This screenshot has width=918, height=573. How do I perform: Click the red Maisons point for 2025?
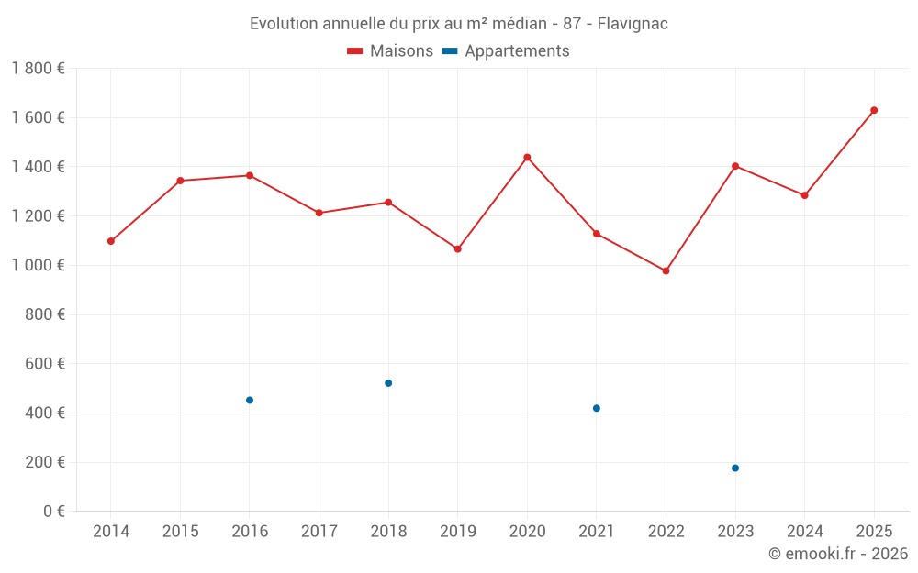pos(874,110)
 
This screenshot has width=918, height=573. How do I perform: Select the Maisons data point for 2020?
pos(527,157)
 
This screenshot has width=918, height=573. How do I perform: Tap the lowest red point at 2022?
pos(666,270)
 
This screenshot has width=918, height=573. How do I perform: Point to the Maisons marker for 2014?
pos(111,241)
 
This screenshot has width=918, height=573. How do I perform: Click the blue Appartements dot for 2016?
pos(250,400)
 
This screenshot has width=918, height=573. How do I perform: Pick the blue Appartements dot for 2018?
pos(388,383)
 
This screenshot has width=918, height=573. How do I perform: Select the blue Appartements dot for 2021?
pos(597,408)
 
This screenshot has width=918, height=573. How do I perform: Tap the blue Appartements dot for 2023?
pos(735,468)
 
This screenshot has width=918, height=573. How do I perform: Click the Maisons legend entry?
pos(390,51)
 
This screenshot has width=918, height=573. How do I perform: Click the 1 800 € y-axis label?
pos(39,69)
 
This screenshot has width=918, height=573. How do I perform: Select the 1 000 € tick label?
pos(39,265)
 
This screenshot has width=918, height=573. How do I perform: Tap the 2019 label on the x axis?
pos(458,532)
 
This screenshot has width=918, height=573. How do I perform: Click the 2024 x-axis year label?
pos(805,532)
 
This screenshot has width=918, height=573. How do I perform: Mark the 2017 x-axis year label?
pos(319,532)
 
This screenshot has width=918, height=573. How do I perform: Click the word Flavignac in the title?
pos(633,23)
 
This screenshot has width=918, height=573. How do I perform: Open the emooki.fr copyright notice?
pos(837,554)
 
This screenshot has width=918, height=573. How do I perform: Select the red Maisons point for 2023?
pos(735,166)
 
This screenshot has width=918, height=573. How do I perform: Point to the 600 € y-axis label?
pos(43,364)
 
